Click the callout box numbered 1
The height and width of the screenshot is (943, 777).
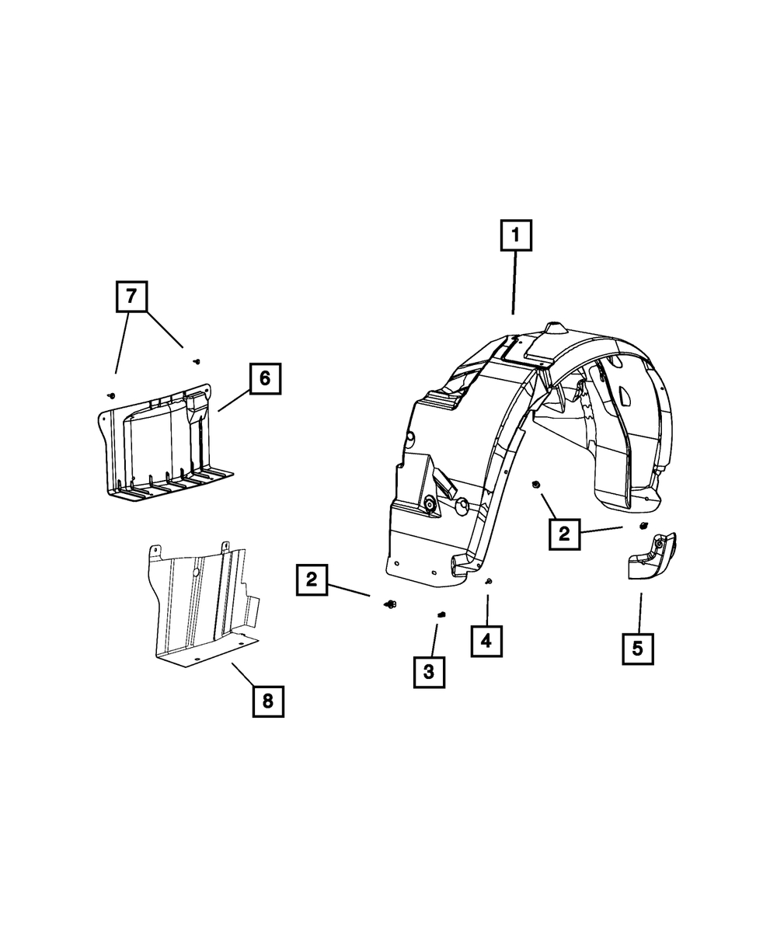(x=516, y=235)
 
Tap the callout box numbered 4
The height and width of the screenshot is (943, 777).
(x=486, y=641)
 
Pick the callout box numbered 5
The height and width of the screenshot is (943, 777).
(x=638, y=649)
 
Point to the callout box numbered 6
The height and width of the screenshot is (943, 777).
(x=265, y=378)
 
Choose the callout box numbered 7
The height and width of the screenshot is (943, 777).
(x=132, y=297)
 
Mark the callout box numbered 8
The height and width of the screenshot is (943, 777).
(x=268, y=701)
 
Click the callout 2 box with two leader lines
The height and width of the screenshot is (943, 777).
(x=565, y=534)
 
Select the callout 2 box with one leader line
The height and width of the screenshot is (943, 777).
(x=312, y=579)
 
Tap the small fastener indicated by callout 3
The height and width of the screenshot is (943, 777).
(x=442, y=614)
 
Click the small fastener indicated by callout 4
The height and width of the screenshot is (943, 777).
(x=489, y=581)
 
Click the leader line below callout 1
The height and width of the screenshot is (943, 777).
(x=514, y=282)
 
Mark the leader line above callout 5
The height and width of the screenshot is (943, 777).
(x=640, y=614)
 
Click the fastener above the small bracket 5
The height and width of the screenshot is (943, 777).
(x=643, y=525)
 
